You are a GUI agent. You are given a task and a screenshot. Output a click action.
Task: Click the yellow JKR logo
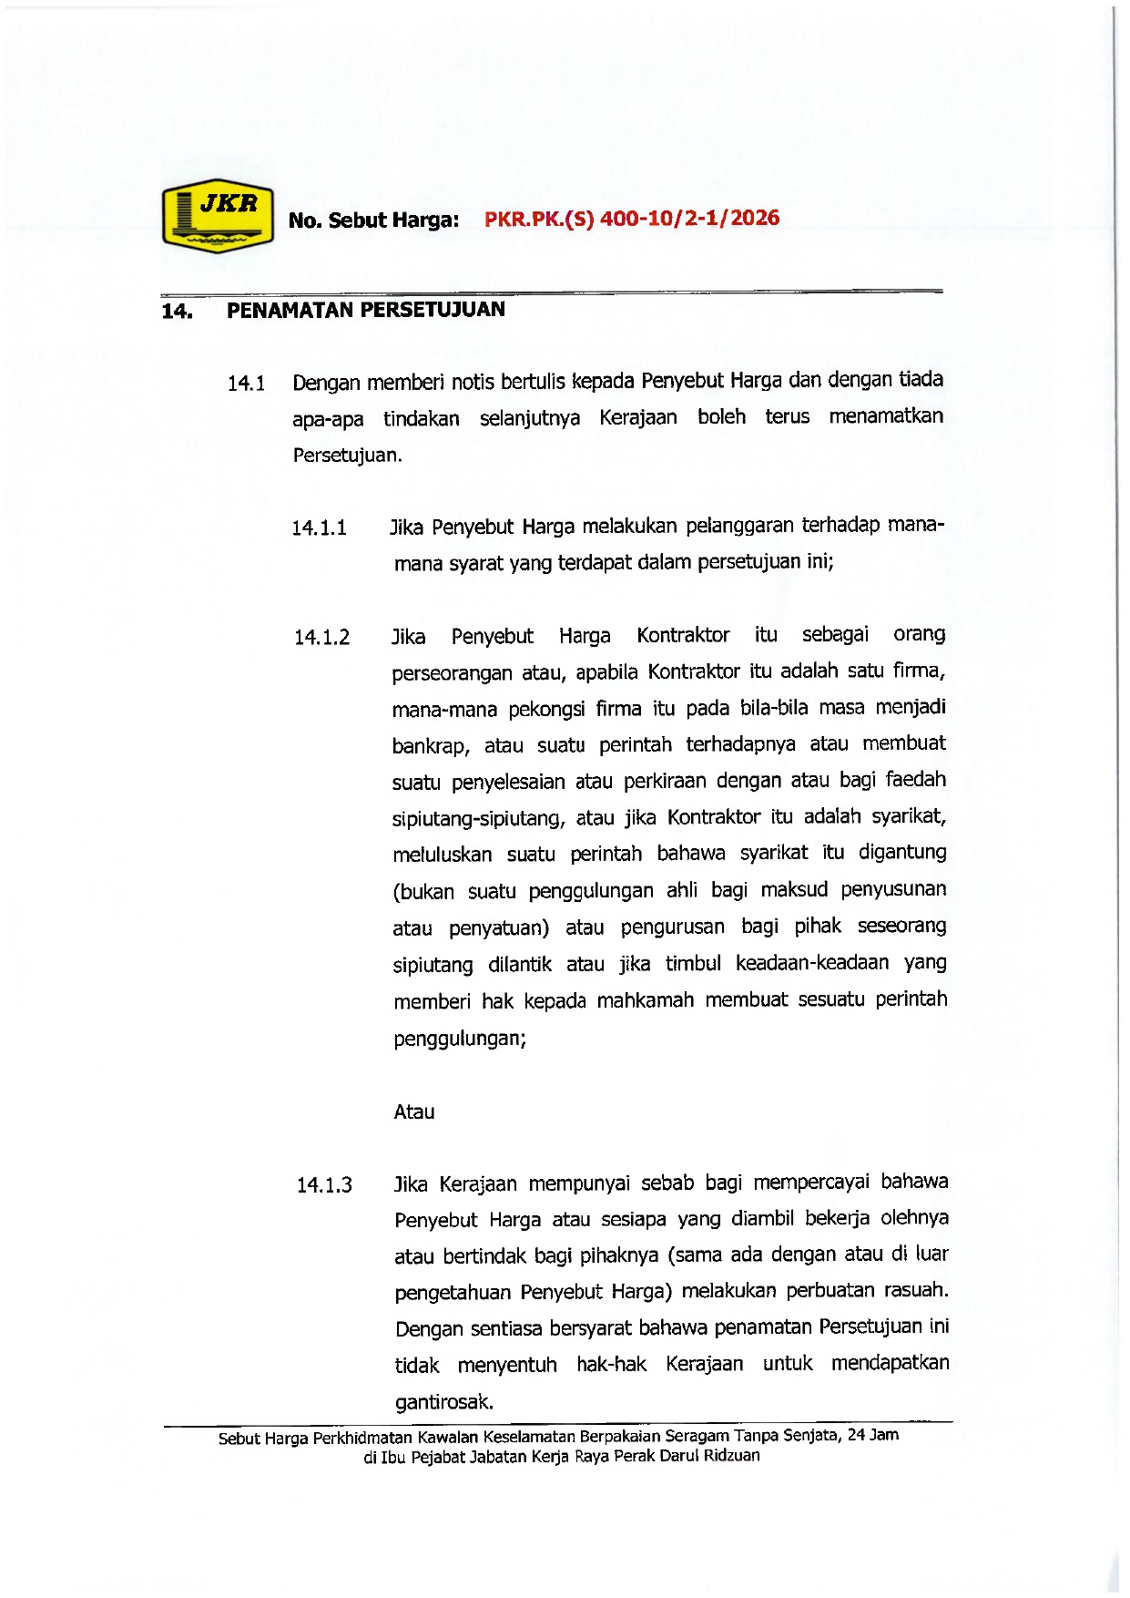(x=218, y=216)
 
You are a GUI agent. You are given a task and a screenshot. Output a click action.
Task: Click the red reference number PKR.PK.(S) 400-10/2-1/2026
(x=632, y=219)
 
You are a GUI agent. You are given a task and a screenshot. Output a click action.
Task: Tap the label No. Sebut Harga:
(x=373, y=220)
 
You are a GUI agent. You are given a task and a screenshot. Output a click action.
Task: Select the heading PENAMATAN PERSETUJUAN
(x=365, y=310)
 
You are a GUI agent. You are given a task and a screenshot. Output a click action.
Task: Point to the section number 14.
(x=177, y=312)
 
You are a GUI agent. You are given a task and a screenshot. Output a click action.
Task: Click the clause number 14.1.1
(x=320, y=528)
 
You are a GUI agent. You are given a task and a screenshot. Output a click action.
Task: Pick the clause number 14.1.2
(x=321, y=638)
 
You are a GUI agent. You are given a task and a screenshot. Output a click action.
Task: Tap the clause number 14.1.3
(x=324, y=1185)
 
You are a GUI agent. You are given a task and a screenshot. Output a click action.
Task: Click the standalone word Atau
(x=414, y=1111)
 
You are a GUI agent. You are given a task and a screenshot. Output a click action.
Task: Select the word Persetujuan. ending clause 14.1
(x=347, y=456)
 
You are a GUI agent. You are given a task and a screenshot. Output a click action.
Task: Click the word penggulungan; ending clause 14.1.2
(x=460, y=1039)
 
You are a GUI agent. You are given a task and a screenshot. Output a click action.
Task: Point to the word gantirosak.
(x=444, y=1401)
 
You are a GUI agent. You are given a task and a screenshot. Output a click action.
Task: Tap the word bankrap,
(x=431, y=746)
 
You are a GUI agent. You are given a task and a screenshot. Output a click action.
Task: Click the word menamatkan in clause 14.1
(x=886, y=417)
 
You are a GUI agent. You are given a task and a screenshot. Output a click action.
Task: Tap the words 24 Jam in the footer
(x=873, y=1435)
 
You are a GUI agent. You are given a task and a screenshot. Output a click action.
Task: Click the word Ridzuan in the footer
(x=731, y=1456)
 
